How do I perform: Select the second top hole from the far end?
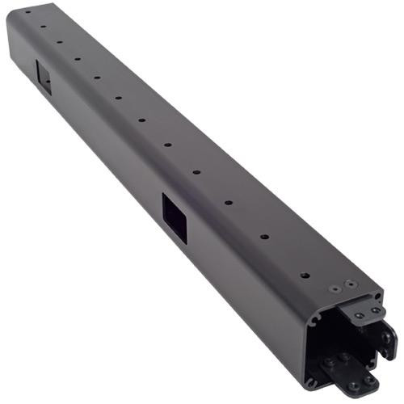click(43, 24)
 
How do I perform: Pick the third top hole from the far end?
click(59, 36)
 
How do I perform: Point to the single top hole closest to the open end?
click(305, 276)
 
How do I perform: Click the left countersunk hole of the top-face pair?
click(335, 288)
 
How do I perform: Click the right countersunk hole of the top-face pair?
click(349, 284)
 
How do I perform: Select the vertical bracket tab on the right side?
click(387, 339)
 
